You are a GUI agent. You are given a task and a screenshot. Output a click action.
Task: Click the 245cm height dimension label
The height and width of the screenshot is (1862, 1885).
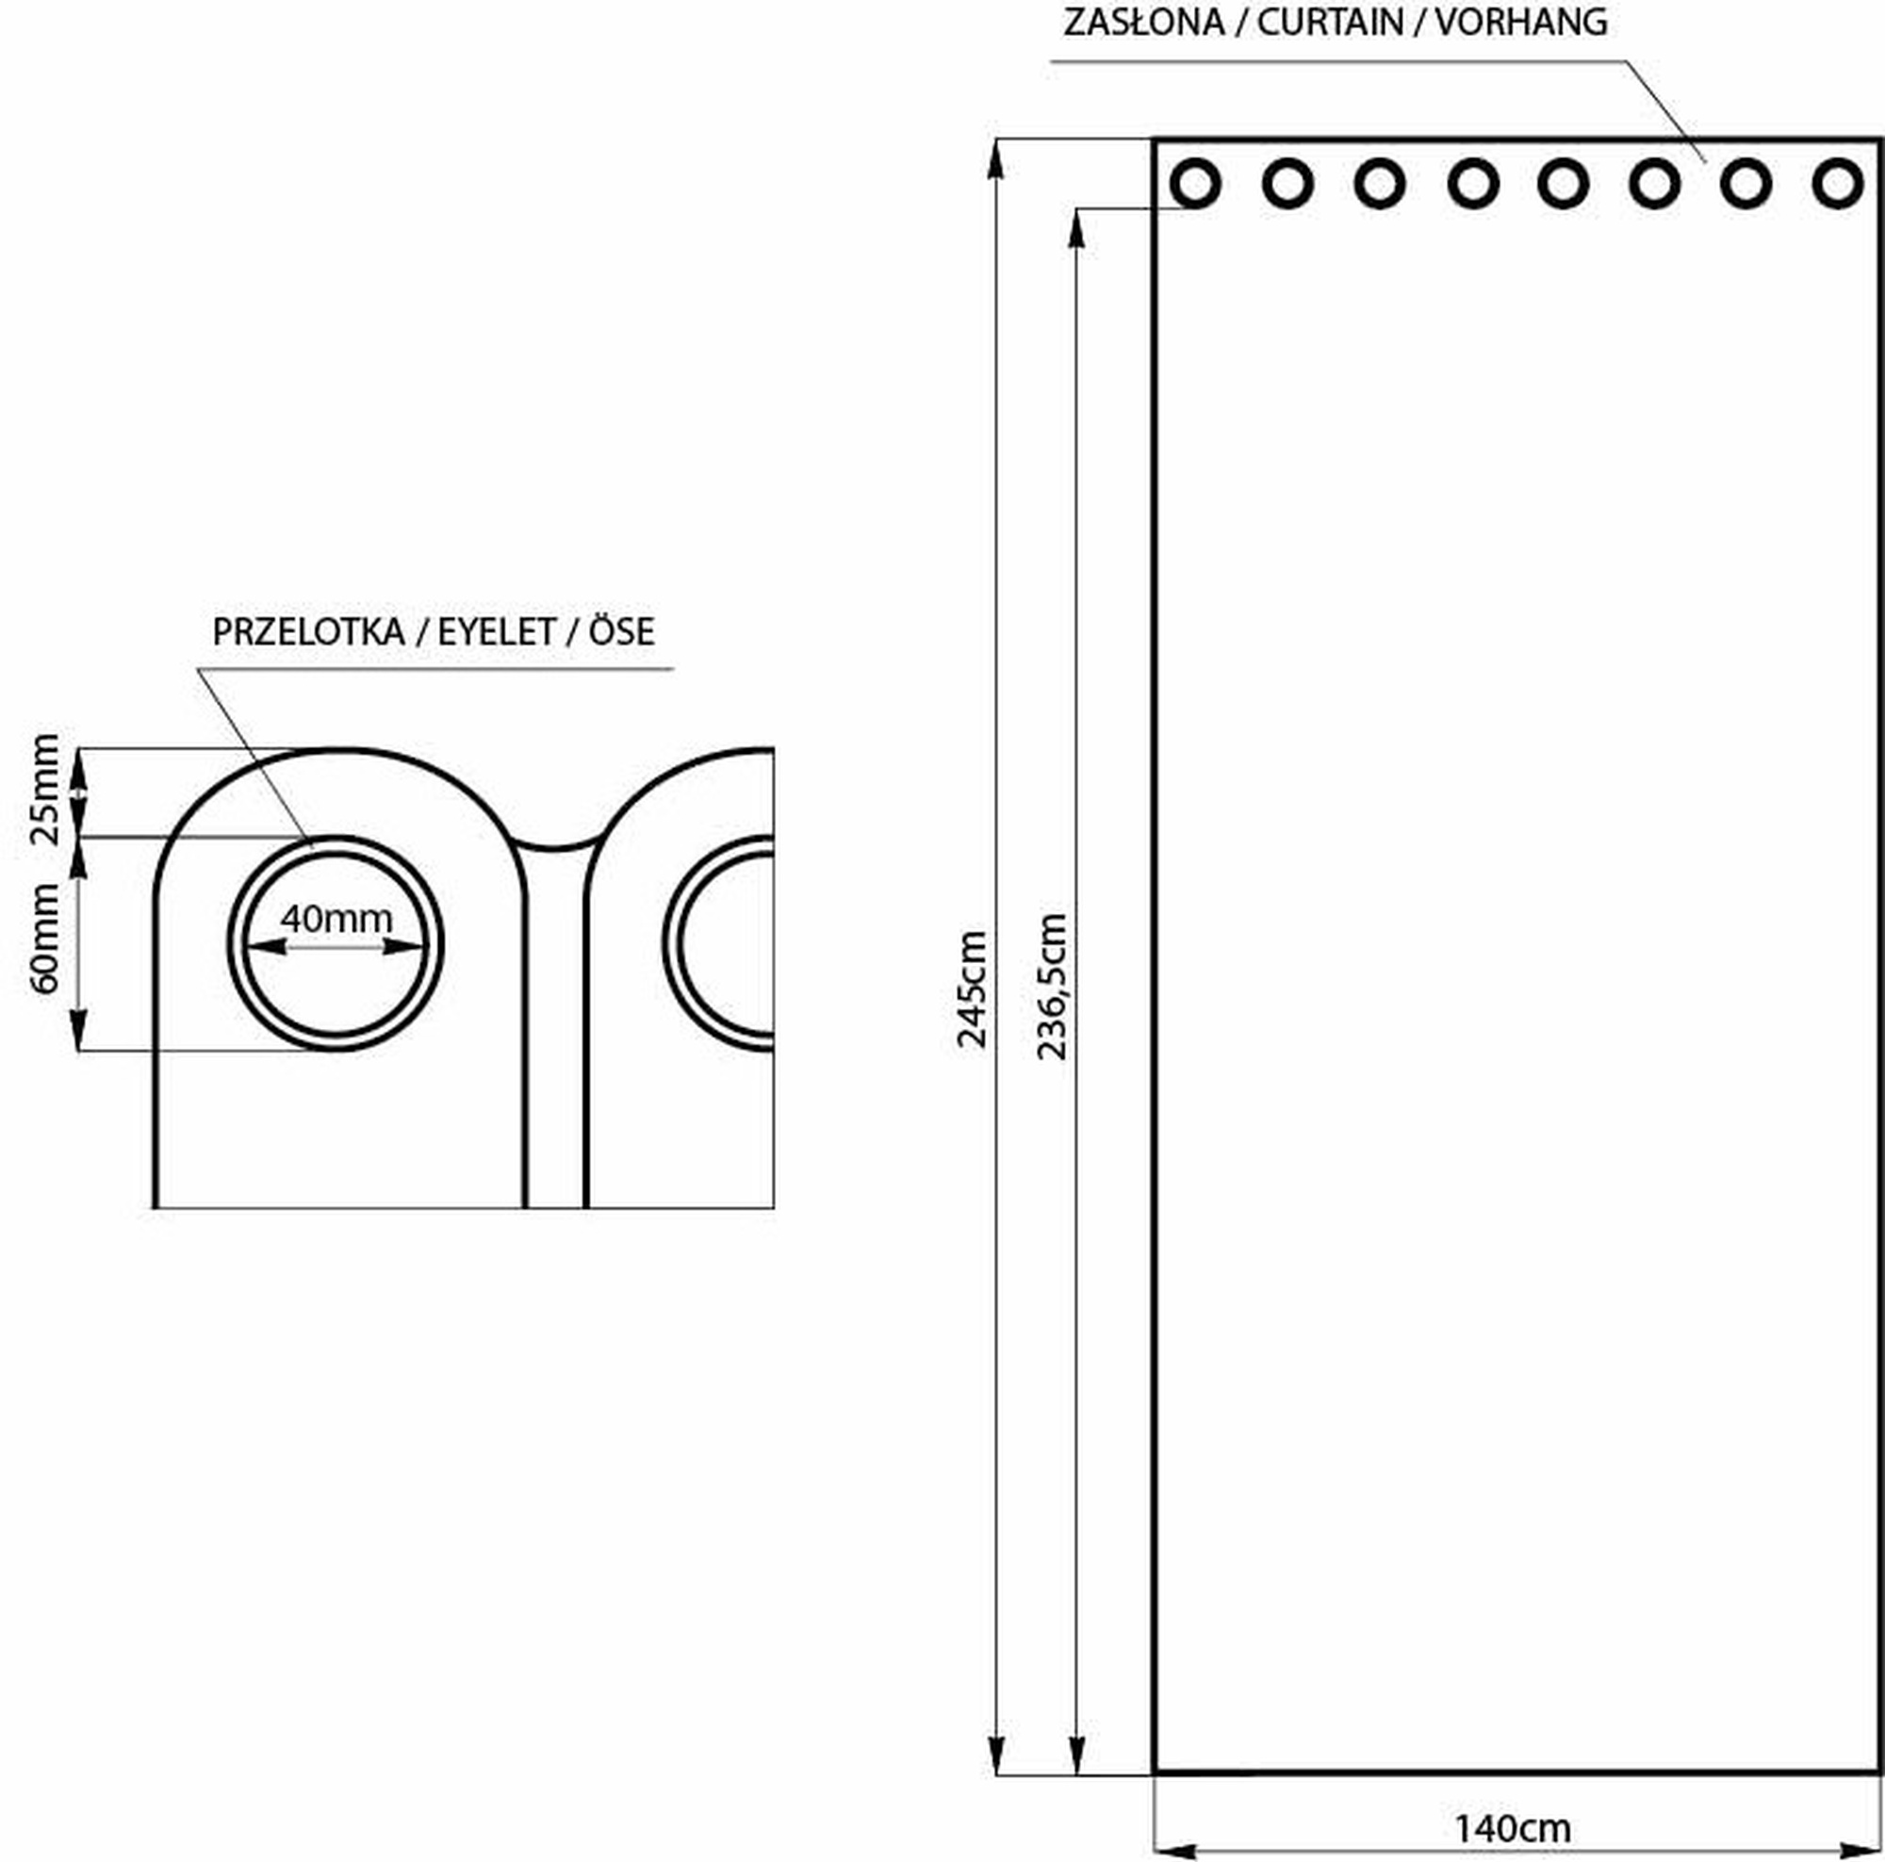pos(973,989)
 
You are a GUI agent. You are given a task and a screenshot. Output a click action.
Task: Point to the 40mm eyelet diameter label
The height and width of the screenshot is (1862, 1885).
pos(336,918)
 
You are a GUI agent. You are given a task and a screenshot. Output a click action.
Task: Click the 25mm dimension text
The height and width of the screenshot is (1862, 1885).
pos(45,790)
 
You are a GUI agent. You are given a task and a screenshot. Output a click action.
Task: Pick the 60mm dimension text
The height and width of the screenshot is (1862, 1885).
pos(45,939)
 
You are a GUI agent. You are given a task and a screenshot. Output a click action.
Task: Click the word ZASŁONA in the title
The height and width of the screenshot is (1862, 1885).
pos(1143,22)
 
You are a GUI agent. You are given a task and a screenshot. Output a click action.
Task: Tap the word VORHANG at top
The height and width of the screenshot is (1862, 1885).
pos(1521,22)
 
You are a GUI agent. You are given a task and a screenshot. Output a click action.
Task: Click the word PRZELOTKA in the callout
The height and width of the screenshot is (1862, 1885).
pos(308,632)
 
